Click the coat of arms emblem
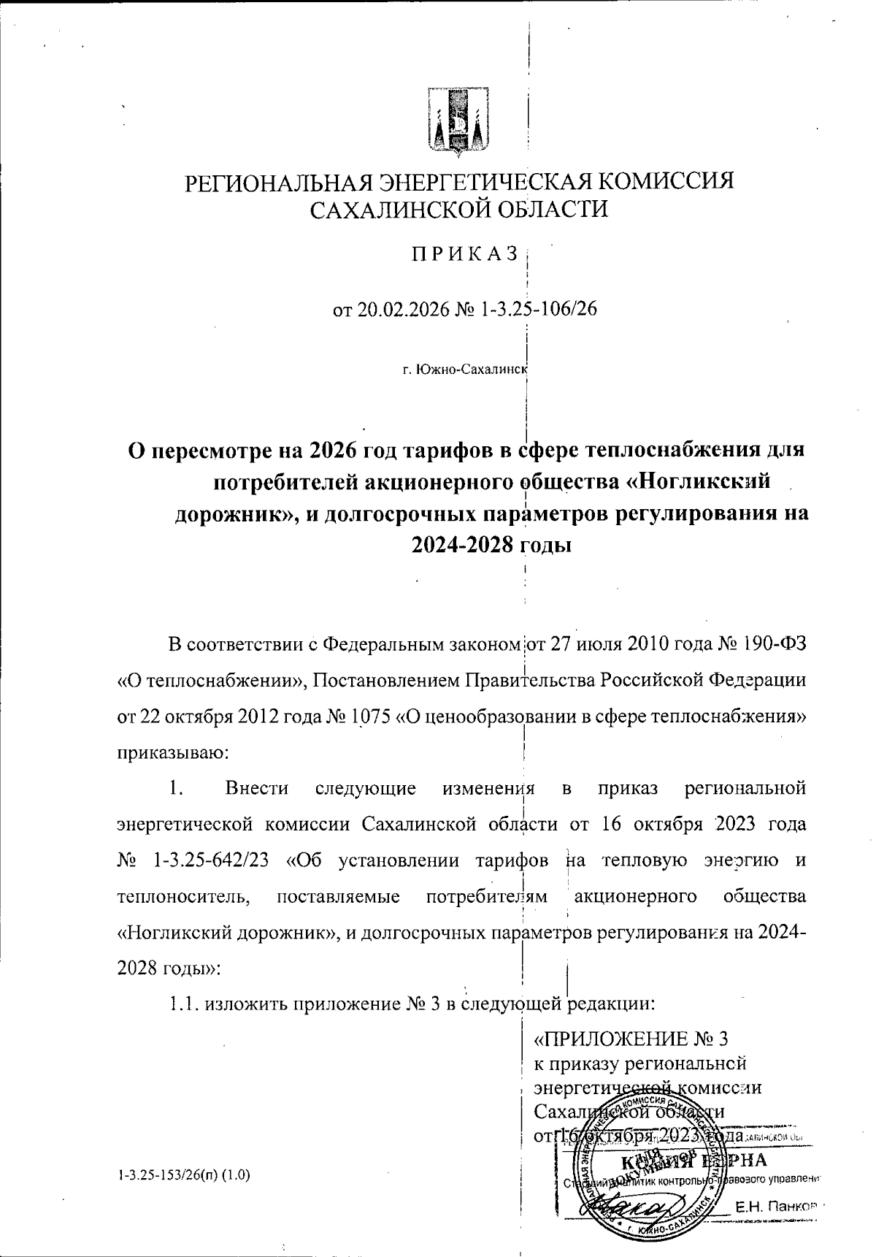(x=458, y=123)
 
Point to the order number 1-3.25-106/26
(x=539, y=310)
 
